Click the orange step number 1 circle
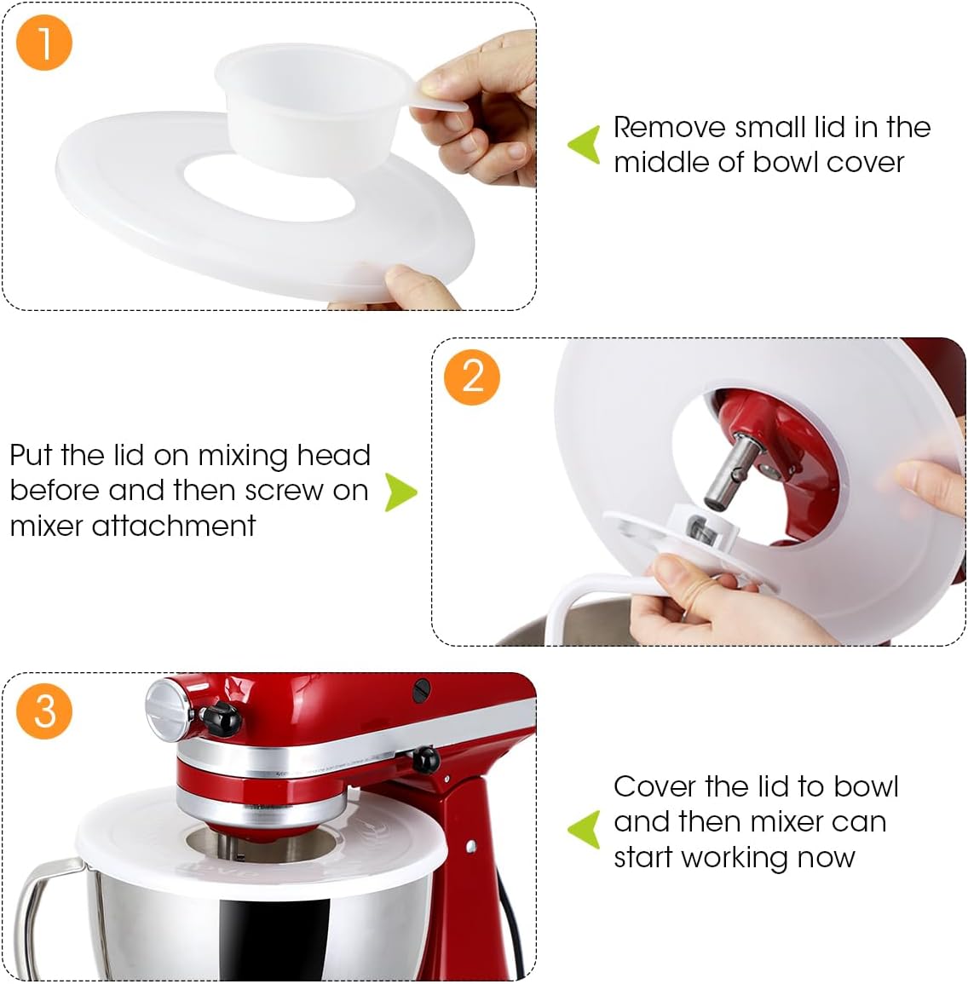(43, 43)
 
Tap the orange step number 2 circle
(472, 377)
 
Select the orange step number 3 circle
(44, 711)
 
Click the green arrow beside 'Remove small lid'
(585, 145)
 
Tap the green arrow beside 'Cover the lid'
(585, 829)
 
